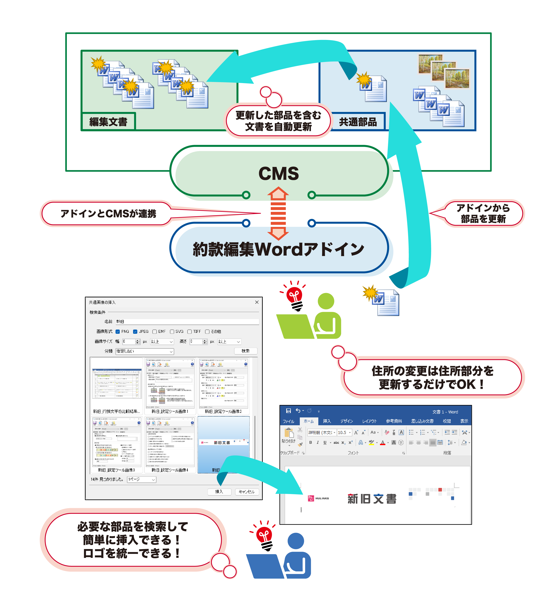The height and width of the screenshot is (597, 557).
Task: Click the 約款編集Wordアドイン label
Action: (x=278, y=249)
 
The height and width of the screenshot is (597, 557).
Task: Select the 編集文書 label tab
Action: (x=108, y=122)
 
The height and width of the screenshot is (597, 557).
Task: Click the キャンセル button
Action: (x=246, y=492)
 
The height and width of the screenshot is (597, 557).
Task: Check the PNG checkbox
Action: (x=118, y=331)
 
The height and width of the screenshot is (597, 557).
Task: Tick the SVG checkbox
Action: (x=172, y=331)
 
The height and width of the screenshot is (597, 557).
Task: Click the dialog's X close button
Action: (x=257, y=302)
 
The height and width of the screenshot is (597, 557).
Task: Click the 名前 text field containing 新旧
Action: (x=187, y=322)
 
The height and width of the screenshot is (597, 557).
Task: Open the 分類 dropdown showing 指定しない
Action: (x=144, y=351)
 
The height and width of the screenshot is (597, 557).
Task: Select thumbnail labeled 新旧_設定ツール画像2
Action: (x=223, y=384)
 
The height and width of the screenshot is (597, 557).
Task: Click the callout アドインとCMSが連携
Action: (x=108, y=214)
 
